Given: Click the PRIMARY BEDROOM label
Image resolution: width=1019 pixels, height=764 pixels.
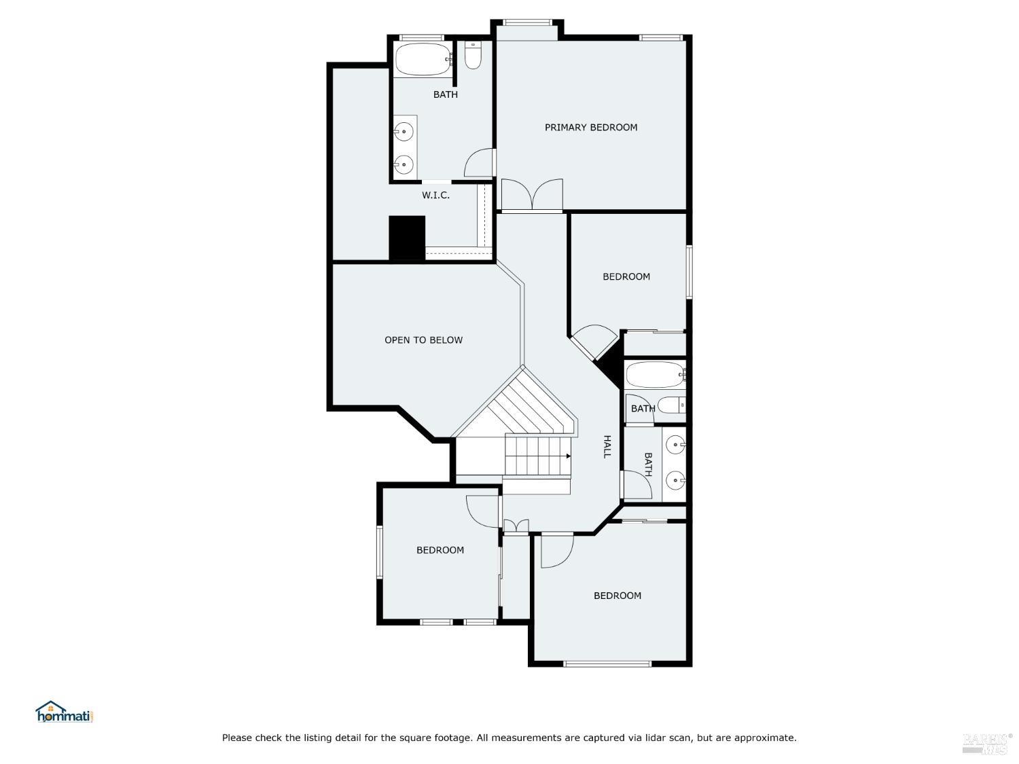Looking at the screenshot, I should tap(591, 127).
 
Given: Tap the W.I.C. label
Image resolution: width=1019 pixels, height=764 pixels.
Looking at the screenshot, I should tap(435, 195).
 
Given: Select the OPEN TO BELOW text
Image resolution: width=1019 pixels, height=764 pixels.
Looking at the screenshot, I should tap(423, 340).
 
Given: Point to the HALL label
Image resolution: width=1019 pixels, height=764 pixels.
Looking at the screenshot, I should tap(607, 446).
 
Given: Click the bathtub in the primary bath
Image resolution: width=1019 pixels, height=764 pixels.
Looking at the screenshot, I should tap(423, 60).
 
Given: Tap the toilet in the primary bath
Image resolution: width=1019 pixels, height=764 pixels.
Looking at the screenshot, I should tap(473, 55).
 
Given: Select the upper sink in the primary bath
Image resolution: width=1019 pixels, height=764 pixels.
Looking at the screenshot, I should tap(404, 131).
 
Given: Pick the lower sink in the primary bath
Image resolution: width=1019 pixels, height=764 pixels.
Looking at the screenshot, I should tap(404, 164).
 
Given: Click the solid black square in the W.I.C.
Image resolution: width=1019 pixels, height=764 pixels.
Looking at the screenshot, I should tap(407, 238).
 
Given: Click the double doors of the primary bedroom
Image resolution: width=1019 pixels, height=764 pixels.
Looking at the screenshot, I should tap(532, 194).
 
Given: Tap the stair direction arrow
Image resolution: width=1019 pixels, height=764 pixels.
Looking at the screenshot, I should tap(568, 456).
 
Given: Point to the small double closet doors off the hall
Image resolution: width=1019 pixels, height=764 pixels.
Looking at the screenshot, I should tap(516, 526).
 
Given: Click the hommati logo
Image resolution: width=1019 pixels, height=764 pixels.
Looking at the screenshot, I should tap(64, 712).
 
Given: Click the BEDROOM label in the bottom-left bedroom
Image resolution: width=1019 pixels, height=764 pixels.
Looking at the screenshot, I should tap(440, 550).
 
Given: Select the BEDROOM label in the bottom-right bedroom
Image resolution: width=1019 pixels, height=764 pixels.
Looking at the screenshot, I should tap(618, 596).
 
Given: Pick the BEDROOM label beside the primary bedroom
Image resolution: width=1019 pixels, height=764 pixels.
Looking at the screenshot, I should tap(626, 276).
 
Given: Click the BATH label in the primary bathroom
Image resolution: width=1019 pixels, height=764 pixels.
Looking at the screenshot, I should tap(446, 94).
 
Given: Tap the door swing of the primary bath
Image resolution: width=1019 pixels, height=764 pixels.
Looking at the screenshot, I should tap(479, 163).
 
